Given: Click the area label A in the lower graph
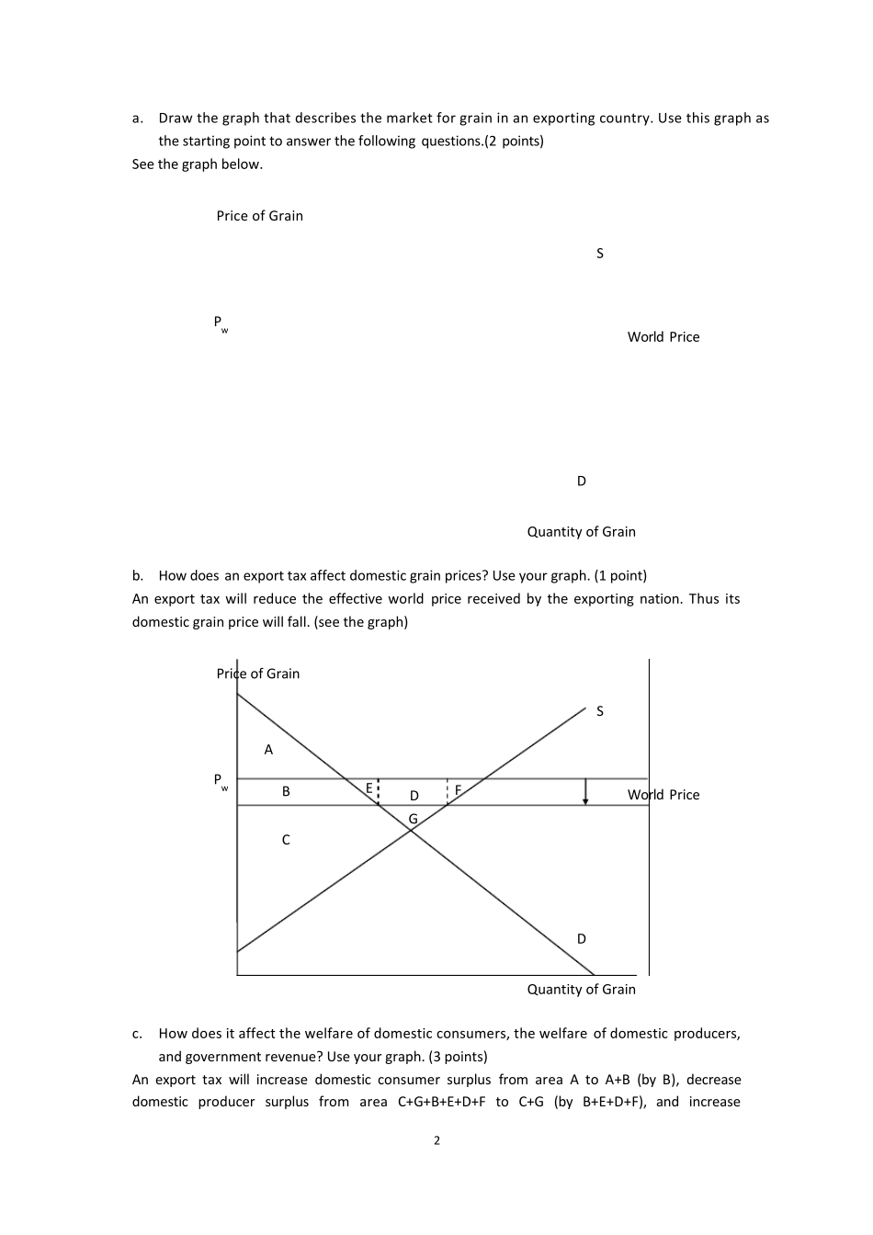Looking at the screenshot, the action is (268, 750).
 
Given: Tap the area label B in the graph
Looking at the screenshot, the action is (286, 791).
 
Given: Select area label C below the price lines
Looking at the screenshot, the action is (286, 840).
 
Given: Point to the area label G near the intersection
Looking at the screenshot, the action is (413, 819).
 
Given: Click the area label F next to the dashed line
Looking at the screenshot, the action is (458, 789).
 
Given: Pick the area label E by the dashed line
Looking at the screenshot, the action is (369, 788).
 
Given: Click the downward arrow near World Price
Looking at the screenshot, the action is (585, 792).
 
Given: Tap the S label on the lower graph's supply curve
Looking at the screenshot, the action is (600, 711).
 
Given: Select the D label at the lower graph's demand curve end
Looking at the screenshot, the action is (581, 939).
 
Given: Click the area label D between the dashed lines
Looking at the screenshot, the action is (414, 796).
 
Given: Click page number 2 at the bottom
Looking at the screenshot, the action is (436, 1141).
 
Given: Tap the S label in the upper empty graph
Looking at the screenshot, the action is (600, 254).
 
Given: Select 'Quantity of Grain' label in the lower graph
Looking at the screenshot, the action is (581, 990).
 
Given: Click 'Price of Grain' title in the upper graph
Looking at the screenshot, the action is (259, 216).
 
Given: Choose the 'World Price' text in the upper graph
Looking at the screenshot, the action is (663, 337).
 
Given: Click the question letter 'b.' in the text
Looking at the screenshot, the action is (138, 576).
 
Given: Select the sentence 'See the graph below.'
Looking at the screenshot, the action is (197, 164).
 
